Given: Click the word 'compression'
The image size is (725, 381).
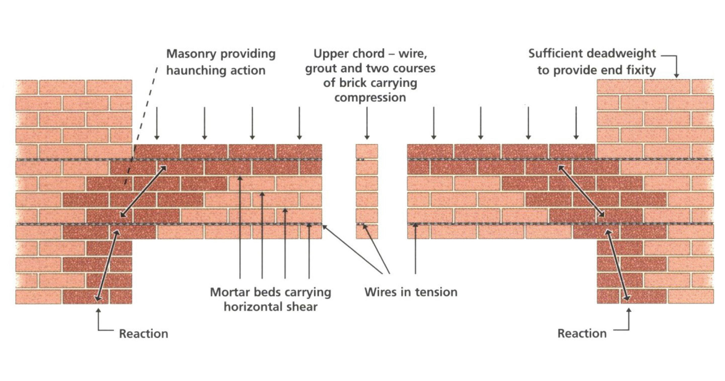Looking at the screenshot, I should coord(370,98).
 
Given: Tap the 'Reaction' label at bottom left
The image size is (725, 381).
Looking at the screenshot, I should coord(143,334).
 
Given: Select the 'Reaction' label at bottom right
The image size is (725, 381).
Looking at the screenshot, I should coord(582,333).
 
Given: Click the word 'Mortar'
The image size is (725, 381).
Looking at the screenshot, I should coord(230,292).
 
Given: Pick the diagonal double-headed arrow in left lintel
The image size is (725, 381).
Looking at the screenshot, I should coord(143,191).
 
